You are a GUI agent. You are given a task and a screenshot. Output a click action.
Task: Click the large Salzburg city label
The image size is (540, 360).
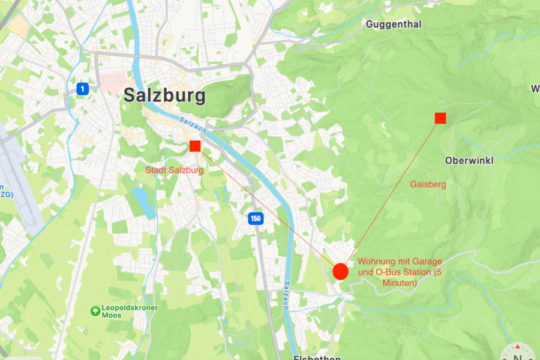(x=164, y=95)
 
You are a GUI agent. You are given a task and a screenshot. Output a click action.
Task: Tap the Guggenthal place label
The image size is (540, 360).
(x=394, y=25)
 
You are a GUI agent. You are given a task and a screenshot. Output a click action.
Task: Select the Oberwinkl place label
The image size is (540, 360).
(x=469, y=161)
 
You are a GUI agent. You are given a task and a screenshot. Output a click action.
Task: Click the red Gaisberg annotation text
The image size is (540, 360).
(x=428, y=184)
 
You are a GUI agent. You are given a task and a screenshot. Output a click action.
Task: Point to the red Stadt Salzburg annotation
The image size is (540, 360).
(x=175, y=170)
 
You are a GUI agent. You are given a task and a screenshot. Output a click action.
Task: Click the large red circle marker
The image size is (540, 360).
(x=340, y=271)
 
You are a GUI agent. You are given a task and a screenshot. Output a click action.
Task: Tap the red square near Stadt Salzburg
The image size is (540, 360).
(x=195, y=146)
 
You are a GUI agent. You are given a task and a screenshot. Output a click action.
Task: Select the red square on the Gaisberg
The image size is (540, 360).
(x=440, y=118)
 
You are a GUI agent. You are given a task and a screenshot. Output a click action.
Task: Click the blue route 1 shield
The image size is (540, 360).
(x=83, y=89)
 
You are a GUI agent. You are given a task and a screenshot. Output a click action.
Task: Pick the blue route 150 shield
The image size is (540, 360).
(x=256, y=218)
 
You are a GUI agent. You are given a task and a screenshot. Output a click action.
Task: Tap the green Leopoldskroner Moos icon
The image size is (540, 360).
(x=95, y=311)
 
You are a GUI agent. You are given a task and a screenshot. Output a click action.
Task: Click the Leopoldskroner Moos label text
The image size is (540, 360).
(x=130, y=311)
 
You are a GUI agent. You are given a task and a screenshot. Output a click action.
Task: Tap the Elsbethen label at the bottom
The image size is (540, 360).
(x=317, y=358)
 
